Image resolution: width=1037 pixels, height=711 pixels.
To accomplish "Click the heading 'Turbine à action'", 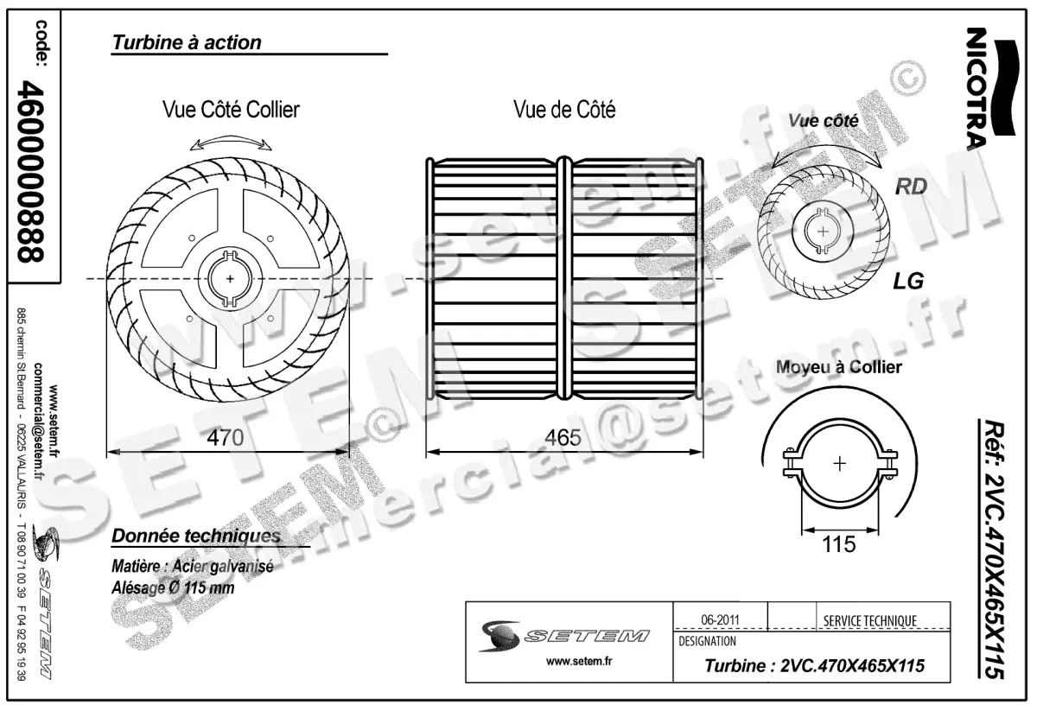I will click(x=187, y=42).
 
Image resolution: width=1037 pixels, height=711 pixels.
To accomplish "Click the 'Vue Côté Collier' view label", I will click(x=232, y=110).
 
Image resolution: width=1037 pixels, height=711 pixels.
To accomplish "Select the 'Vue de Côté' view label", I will click(x=564, y=110).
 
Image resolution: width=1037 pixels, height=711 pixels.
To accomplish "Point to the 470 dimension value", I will click(x=226, y=438).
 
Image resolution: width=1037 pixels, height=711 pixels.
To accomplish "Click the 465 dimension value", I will click(x=563, y=438).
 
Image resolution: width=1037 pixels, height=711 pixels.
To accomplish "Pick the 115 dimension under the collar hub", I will click(x=837, y=544).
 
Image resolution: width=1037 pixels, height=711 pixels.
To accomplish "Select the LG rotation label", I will click(x=908, y=281).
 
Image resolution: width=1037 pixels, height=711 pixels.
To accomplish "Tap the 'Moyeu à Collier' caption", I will click(x=838, y=367).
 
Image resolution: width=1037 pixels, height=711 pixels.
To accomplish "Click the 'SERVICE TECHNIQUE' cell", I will click(x=870, y=620).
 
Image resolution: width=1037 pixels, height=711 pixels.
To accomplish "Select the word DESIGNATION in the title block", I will click(x=708, y=641).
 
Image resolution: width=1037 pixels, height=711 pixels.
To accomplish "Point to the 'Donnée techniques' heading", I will click(x=195, y=536).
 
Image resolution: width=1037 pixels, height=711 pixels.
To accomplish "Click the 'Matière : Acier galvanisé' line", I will click(x=192, y=568).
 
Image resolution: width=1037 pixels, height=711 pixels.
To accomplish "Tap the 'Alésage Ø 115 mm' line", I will click(x=173, y=587).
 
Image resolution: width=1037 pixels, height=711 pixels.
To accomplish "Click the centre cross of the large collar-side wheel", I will click(x=230, y=279).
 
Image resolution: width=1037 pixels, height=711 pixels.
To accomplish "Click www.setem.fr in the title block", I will click(x=568, y=662).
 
